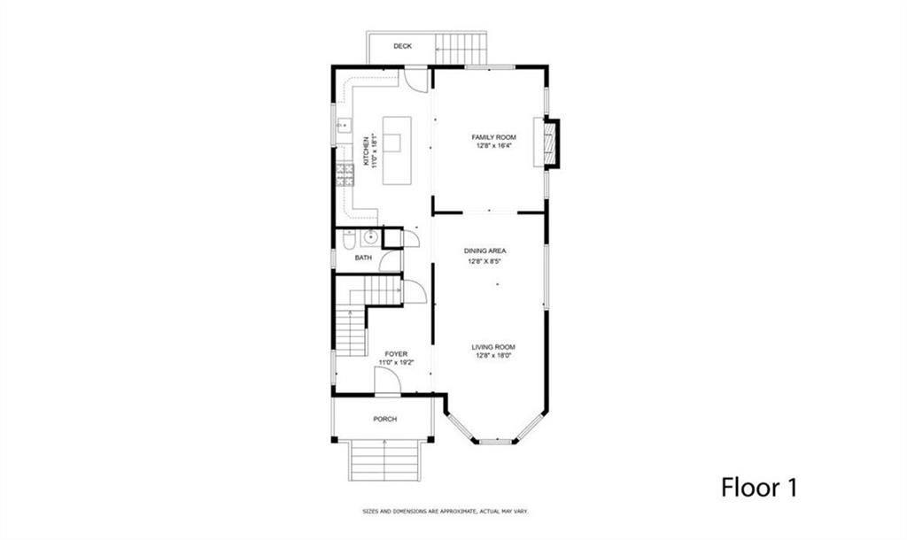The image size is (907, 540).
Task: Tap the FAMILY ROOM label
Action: (493, 137)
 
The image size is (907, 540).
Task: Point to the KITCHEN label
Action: (365, 150)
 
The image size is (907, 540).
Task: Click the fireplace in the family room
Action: (550, 143)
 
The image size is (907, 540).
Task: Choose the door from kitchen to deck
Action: (415, 79)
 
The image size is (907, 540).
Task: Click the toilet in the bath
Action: (349, 239)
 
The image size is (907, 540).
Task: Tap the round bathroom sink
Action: (369, 237)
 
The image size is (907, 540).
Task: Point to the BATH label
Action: (363, 258)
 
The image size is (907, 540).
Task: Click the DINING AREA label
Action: (485, 251)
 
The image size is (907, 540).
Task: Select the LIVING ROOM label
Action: (494, 347)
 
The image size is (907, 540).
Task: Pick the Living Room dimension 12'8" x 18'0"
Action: (494, 356)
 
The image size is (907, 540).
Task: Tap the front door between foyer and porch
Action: (387, 382)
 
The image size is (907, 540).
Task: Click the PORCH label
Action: (384, 419)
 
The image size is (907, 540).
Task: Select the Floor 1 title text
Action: (763, 487)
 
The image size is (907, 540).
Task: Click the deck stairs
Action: (461, 49)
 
